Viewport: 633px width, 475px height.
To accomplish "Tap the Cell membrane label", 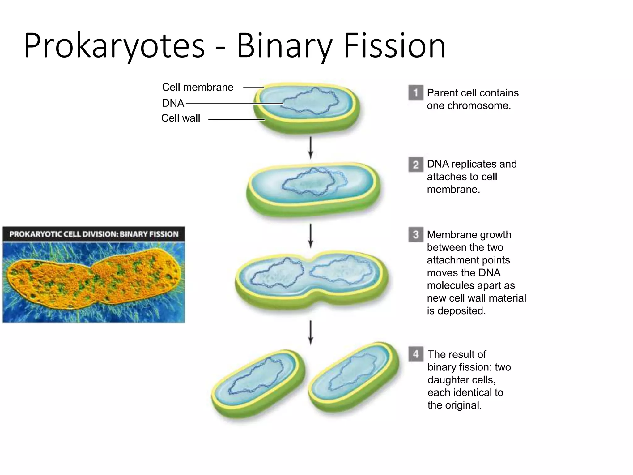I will click(198, 87).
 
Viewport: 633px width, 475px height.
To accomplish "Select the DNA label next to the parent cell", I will click(173, 103).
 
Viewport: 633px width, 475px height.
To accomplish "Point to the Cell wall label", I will click(181, 118).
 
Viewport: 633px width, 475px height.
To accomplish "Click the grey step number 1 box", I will click(416, 92).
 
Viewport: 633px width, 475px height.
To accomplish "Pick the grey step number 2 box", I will click(416, 165).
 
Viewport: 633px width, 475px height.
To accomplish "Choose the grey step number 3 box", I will click(416, 235).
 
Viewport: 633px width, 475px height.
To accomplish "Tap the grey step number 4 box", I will click(416, 354).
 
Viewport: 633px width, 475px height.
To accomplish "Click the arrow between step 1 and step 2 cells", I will click(311, 148).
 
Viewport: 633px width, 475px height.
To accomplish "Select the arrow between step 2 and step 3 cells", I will click(311, 236).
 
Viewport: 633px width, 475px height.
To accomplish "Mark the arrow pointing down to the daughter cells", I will click(311, 332).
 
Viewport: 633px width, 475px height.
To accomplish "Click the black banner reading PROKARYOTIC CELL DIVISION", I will click(94, 234).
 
